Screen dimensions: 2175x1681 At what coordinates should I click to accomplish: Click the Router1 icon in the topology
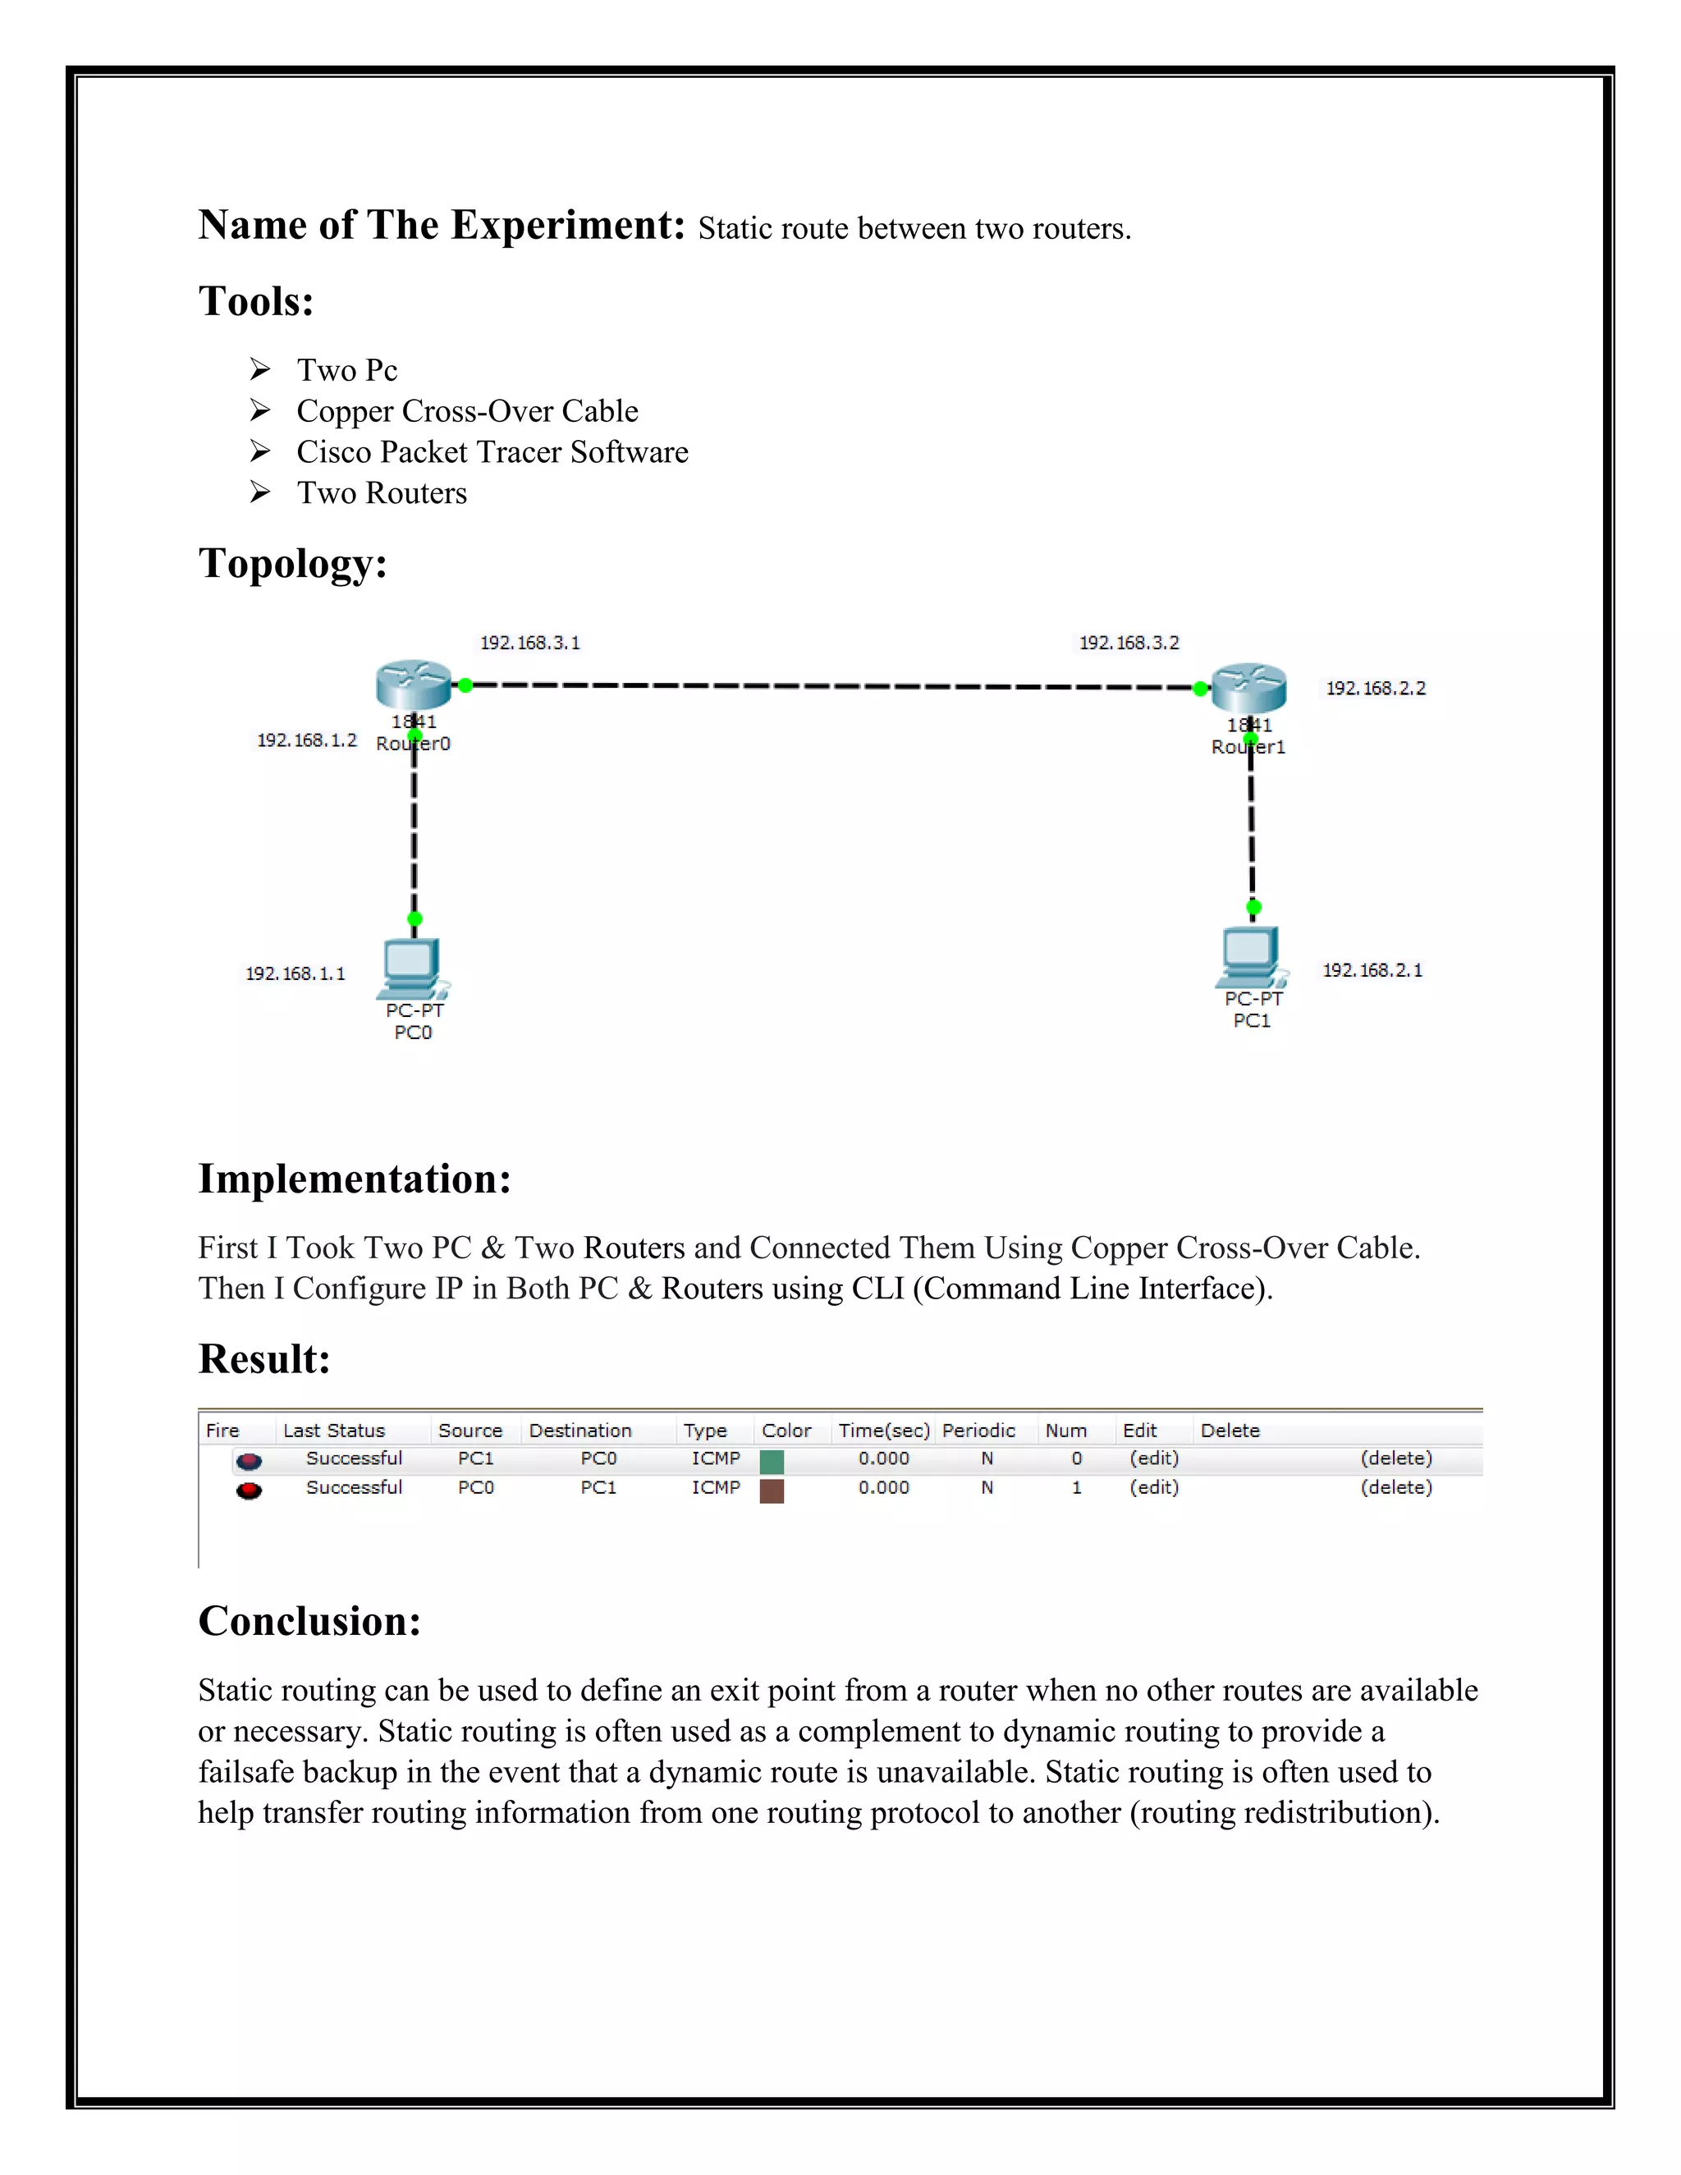[x=1248, y=686]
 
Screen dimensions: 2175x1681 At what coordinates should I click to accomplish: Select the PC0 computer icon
[x=411, y=967]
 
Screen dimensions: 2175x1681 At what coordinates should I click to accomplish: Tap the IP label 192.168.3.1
[x=529, y=643]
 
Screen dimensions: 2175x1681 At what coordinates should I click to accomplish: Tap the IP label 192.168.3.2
[x=1129, y=643]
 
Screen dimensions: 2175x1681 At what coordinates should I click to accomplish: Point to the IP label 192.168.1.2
[x=307, y=740]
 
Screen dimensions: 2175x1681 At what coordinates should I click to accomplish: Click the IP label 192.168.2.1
[x=1372, y=970]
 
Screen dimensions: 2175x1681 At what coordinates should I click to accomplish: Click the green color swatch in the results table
[x=771, y=1461]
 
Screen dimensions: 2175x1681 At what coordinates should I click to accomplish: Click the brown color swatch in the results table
[x=771, y=1490]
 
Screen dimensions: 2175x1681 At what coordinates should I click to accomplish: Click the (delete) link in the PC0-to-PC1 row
[x=1396, y=1487]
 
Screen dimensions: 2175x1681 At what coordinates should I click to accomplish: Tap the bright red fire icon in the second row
[x=249, y=1490]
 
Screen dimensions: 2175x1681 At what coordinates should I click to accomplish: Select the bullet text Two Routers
[x=382, y=493]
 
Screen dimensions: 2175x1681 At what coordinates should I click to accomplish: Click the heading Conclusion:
[x=309, y=1621]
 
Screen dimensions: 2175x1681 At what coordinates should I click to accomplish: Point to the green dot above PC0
[x=415, y=918]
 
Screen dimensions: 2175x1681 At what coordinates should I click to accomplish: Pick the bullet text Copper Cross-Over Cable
[x=467, y=411]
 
